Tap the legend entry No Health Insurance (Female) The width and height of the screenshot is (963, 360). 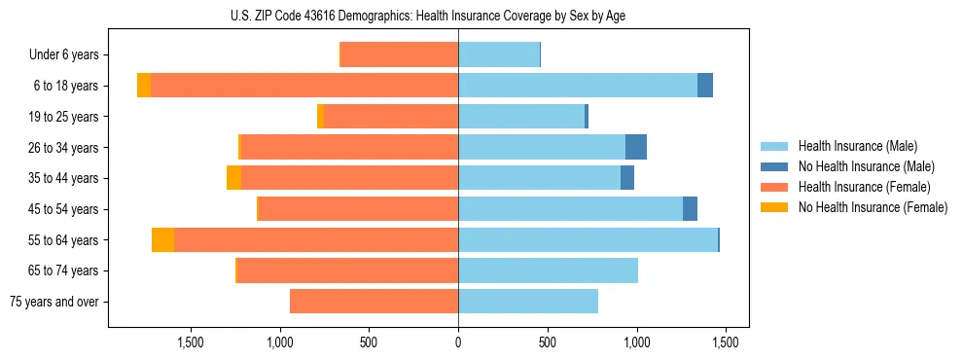(x=873, y=207)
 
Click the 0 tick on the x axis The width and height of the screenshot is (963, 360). (x=458, y=342)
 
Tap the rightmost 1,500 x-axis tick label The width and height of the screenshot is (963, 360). (x=725, y=342)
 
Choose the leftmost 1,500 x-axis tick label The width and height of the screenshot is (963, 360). (x=191, y=342)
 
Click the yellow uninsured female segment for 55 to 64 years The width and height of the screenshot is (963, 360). (x=162, y=239)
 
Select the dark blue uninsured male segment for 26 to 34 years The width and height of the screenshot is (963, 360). (x=636, y=147)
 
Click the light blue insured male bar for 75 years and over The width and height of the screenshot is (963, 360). (x=528, y=302)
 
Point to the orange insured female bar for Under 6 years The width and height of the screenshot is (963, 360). (x=399, y=54)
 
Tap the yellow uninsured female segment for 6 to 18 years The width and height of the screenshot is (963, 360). (x=144, y=86)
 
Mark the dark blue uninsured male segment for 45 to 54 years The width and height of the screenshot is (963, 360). (x=690, y=209)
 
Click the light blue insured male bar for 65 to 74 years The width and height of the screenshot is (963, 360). (x=548, y=270)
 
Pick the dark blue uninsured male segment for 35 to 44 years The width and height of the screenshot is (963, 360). (x=627, y=178)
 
